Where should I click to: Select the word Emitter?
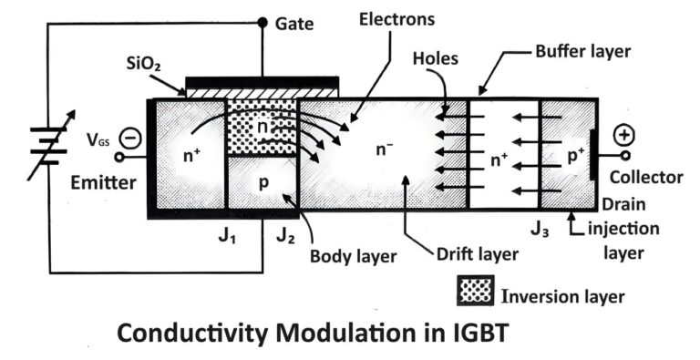(102, 182)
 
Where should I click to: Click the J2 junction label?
(286, 239)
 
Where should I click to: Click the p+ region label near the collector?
(576, 156)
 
